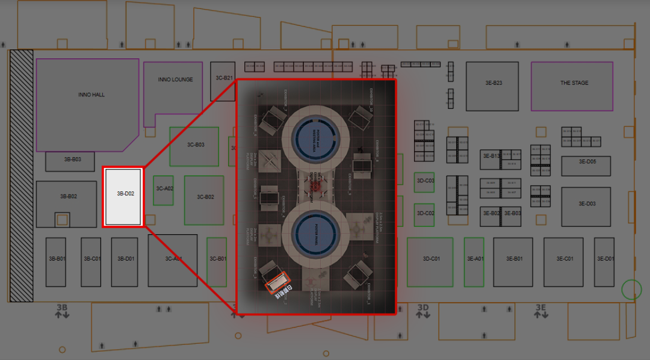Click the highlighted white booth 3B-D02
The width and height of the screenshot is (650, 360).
pyautogui.click(x=123, y=197)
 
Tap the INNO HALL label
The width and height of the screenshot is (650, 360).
pyautogui.click(x=91, y=95)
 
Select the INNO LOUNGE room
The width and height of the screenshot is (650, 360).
pyautogui.click(x=175, y=79)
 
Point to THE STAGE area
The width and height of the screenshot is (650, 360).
pyautogui.click(x=574, y=83)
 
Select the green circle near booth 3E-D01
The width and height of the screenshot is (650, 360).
pyautogui.click(x=631, y=290)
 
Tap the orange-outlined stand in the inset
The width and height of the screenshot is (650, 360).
pyautogui.click(x=279, y=282)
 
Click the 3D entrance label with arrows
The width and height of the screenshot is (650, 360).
pyautogui.click(x=424, y=311)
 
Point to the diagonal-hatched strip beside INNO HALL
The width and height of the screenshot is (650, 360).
pyautogui.click(x=21, y=175)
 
